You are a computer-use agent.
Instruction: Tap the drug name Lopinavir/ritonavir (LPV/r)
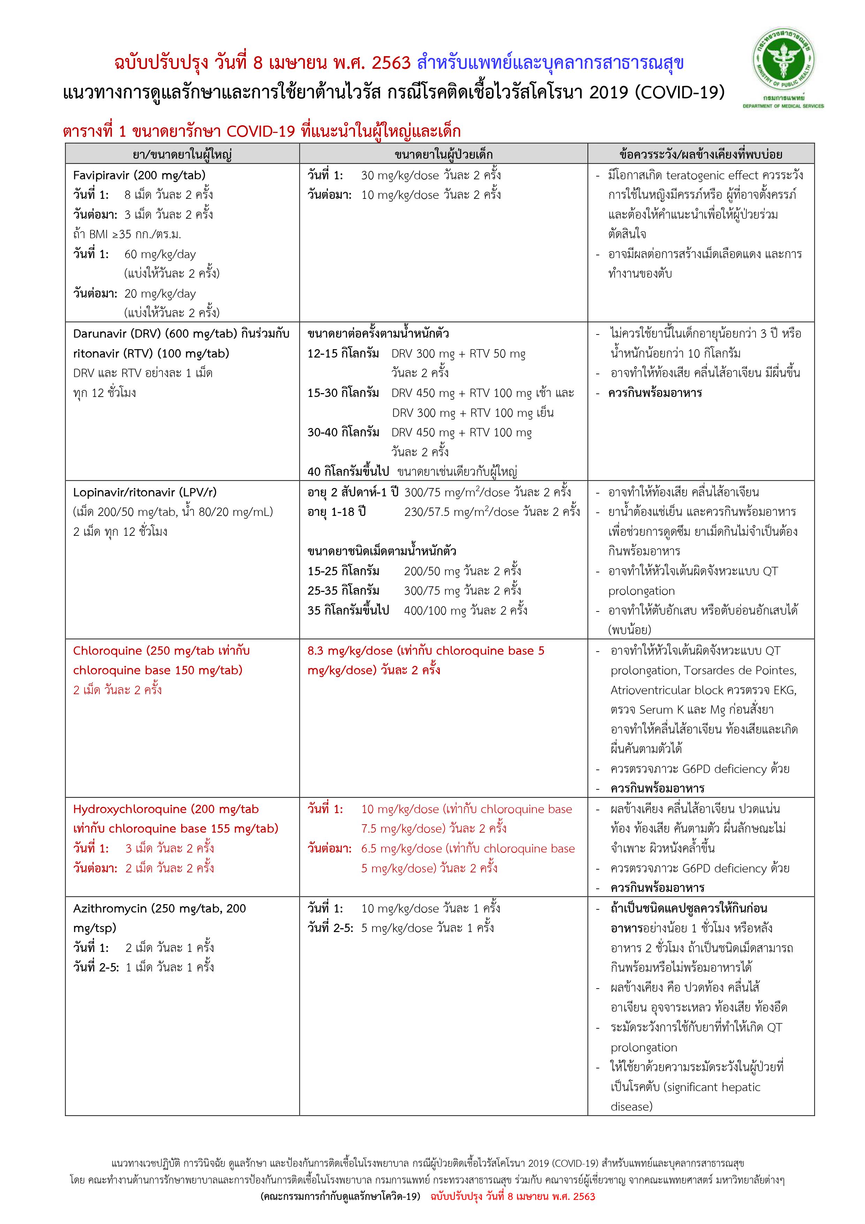[145, 492]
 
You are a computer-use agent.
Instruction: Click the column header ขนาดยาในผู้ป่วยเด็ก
[443, 155]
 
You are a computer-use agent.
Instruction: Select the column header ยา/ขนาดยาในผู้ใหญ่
[182, 155]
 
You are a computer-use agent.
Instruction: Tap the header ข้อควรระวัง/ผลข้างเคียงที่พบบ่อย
[700, 155]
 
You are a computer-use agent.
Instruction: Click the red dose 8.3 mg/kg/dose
[350, 651]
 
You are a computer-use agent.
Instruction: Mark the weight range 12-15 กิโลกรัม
[343, 353]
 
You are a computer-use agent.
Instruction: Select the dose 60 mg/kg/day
[160, 254]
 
